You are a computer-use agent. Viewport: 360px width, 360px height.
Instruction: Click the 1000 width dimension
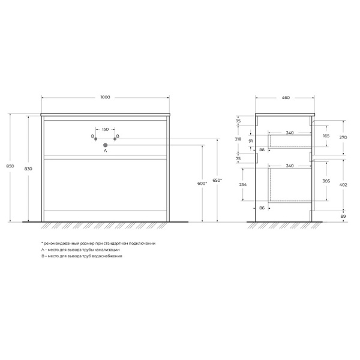106,97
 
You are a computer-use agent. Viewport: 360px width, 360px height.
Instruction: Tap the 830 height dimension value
28,169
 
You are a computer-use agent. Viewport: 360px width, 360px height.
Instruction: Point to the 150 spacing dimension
105,129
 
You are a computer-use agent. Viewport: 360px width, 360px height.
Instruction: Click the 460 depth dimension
286,97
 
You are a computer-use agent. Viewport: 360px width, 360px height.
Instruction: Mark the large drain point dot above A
105,145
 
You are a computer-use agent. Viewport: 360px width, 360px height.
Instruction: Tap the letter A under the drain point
105,151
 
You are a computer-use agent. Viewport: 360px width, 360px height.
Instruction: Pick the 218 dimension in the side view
238,139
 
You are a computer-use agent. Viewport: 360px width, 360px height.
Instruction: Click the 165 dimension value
326,136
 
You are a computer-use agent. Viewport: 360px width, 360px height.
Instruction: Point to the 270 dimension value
343,137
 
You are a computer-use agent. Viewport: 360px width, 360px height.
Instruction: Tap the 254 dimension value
241,185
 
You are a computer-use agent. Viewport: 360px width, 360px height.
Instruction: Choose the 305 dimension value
326,181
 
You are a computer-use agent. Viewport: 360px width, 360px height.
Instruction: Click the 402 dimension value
343,184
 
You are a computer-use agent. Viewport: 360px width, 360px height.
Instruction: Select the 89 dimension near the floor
343,216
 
